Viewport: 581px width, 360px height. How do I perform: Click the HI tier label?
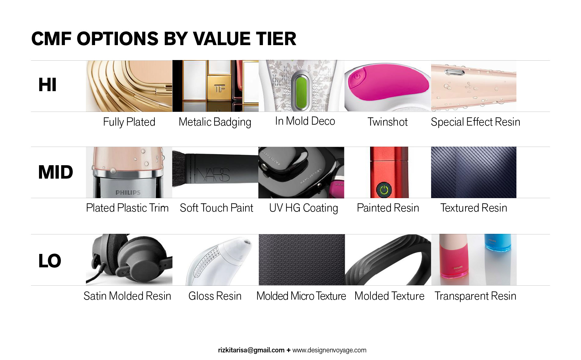coord(47,85)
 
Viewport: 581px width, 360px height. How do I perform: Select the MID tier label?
coord(55,172)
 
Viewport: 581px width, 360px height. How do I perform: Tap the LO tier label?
coord(50,261)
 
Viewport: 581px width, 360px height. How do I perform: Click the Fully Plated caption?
coord(129,122)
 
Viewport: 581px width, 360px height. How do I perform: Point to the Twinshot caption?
coord(387,122)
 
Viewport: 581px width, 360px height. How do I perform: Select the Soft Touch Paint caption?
coord(216,208)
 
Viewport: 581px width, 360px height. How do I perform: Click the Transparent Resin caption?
coord(475,296)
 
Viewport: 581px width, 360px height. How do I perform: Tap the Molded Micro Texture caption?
coord(301,296)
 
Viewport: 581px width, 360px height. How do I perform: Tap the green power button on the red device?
coord(384,190)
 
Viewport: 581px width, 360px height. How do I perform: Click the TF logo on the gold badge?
coord(219,89)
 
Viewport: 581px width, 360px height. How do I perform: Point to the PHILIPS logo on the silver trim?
coord(128,193)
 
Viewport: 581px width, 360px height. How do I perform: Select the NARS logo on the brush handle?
coord(213,174)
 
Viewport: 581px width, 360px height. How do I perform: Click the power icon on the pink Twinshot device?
coord(357,77)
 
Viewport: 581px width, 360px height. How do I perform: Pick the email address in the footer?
coord(251,350)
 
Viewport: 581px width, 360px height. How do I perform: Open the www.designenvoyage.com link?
coord(329,350)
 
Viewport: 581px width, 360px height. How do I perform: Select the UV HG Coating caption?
coord(303,208)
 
